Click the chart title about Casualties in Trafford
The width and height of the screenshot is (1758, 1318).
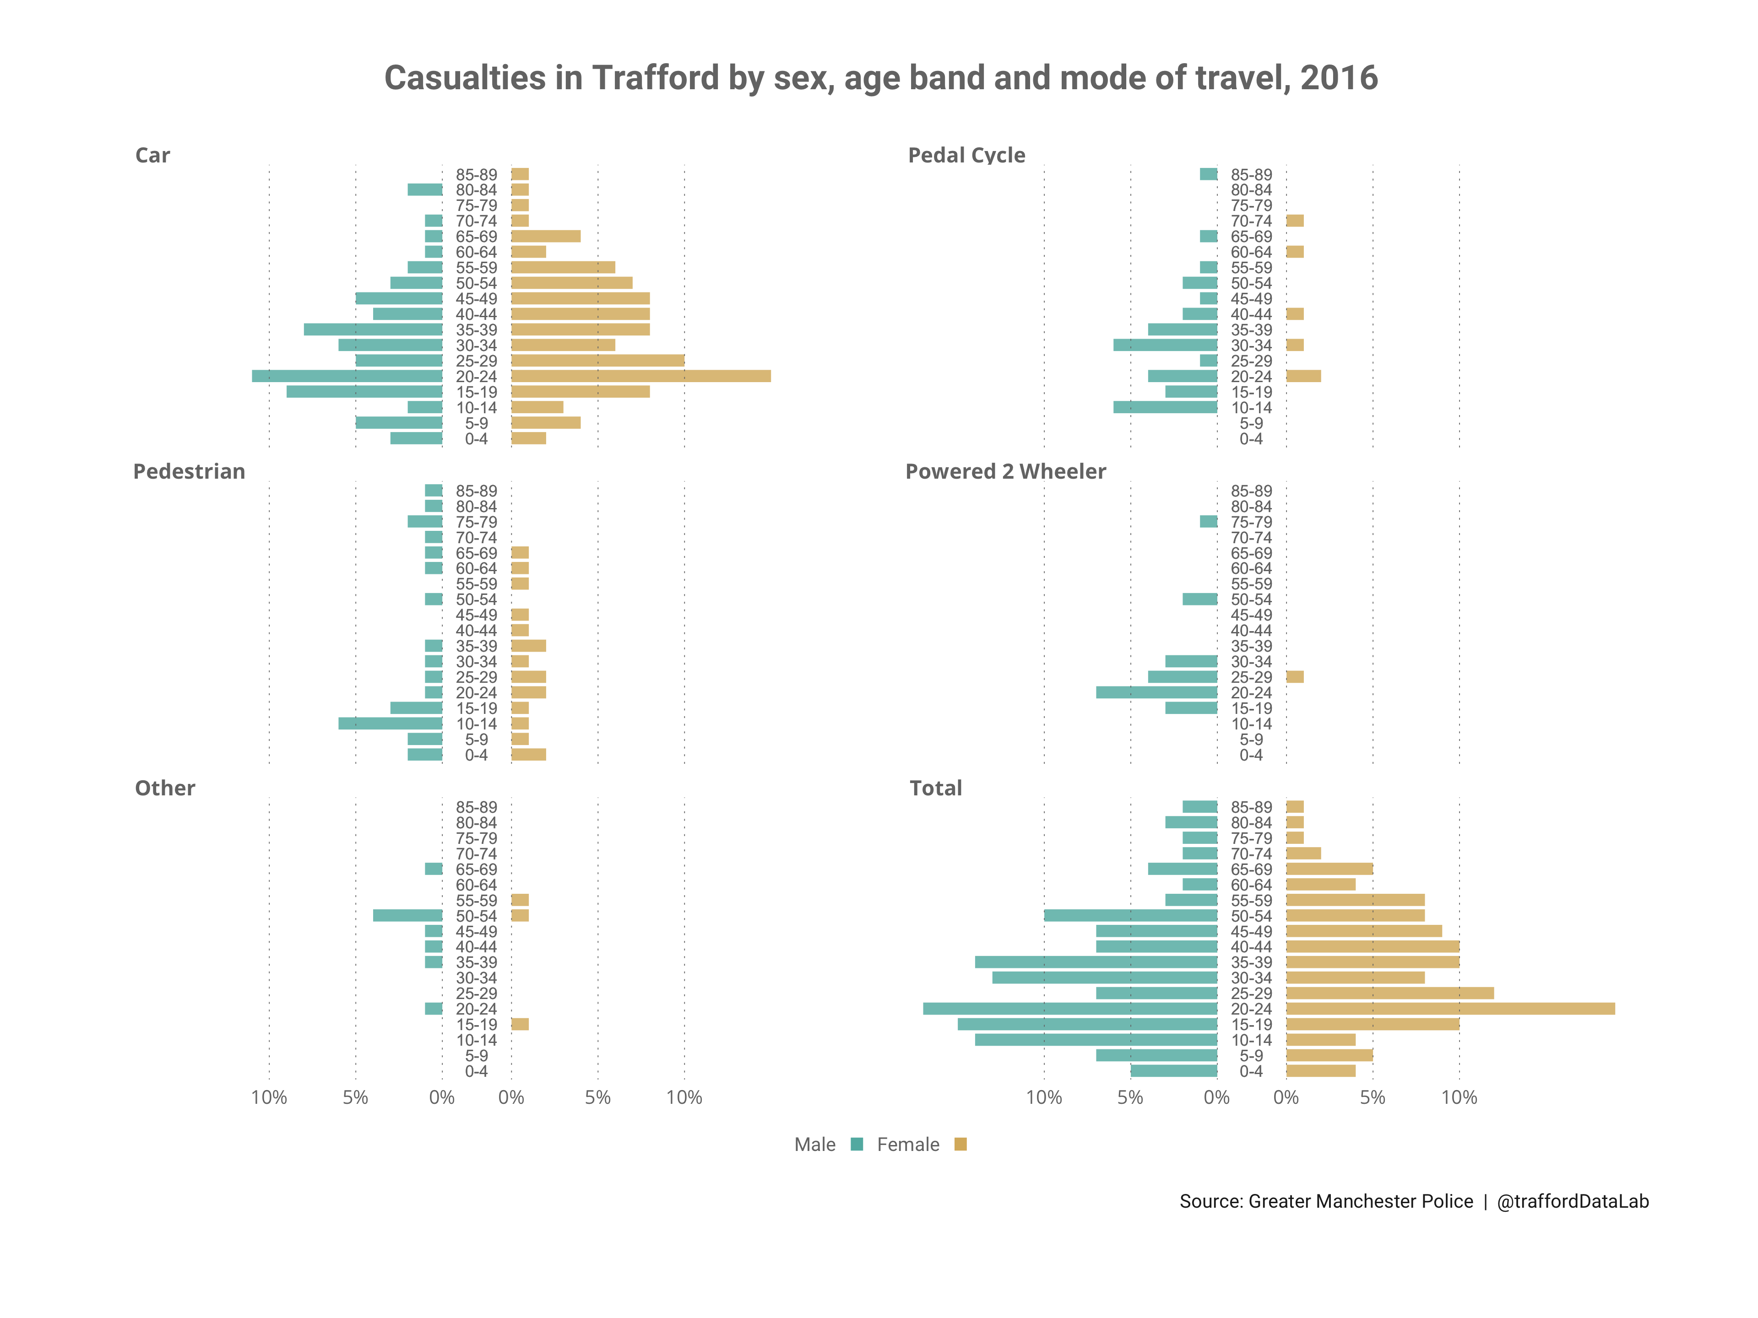click(880, 78)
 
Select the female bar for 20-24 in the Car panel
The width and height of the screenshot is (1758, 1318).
click(640, 376)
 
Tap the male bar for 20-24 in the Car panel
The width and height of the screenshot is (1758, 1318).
click(347, 376)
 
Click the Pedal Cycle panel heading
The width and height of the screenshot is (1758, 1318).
click(966, 155)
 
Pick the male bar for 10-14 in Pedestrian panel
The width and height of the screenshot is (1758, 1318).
click(390, 724)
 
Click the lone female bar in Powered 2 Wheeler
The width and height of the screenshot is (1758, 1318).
click(1295, 677)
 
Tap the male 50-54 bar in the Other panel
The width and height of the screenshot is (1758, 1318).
click(408, 915)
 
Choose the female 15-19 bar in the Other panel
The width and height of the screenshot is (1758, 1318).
click(520, 1024)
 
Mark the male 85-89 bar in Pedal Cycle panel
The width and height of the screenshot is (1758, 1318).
click(1208, 174)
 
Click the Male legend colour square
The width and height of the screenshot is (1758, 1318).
click(857, 1144)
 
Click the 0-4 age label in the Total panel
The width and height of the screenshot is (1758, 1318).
click(1251, 1071)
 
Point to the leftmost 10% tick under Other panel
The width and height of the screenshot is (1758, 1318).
click(269, 1098)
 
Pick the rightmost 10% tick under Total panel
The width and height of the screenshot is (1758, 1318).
click(1459, 1098)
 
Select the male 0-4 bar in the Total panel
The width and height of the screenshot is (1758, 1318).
click(1174, 1071)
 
